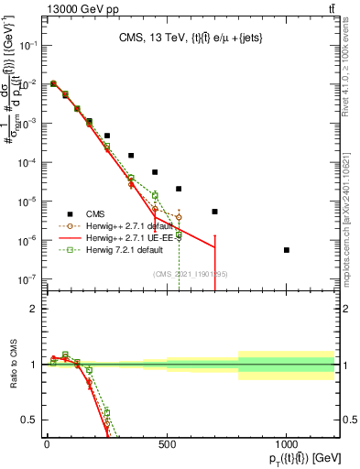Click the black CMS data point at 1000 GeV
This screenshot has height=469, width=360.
tap(287, 250)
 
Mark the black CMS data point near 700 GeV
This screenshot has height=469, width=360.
tap(214, 212)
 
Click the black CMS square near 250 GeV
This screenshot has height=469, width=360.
tap(107, 136)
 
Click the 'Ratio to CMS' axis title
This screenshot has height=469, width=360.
tap(11, 365)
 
